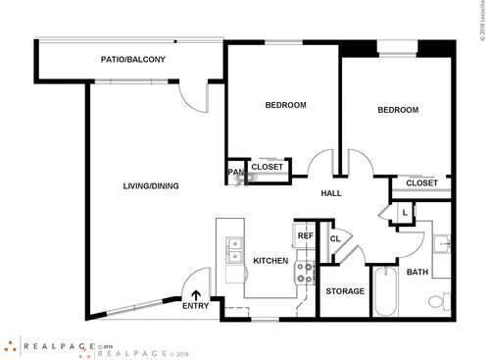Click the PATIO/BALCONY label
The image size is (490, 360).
pos(132,60)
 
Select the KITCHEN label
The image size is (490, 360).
pos(269,261)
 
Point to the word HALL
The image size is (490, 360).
pos(331,193)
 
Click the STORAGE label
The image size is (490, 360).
pos(345,291)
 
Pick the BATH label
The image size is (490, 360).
pos(417,272)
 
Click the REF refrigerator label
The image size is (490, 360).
pos(305,236)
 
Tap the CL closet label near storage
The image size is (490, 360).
pos(334,238)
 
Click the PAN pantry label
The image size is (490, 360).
pos(235,173)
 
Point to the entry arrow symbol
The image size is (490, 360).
pos(196,293)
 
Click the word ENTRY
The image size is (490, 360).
pos(196,306)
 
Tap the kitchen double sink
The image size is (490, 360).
pos(233,251)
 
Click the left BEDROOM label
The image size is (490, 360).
pos(285,105)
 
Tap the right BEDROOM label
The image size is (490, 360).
pos(398,110)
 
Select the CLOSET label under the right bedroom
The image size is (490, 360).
pos(421,182)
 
